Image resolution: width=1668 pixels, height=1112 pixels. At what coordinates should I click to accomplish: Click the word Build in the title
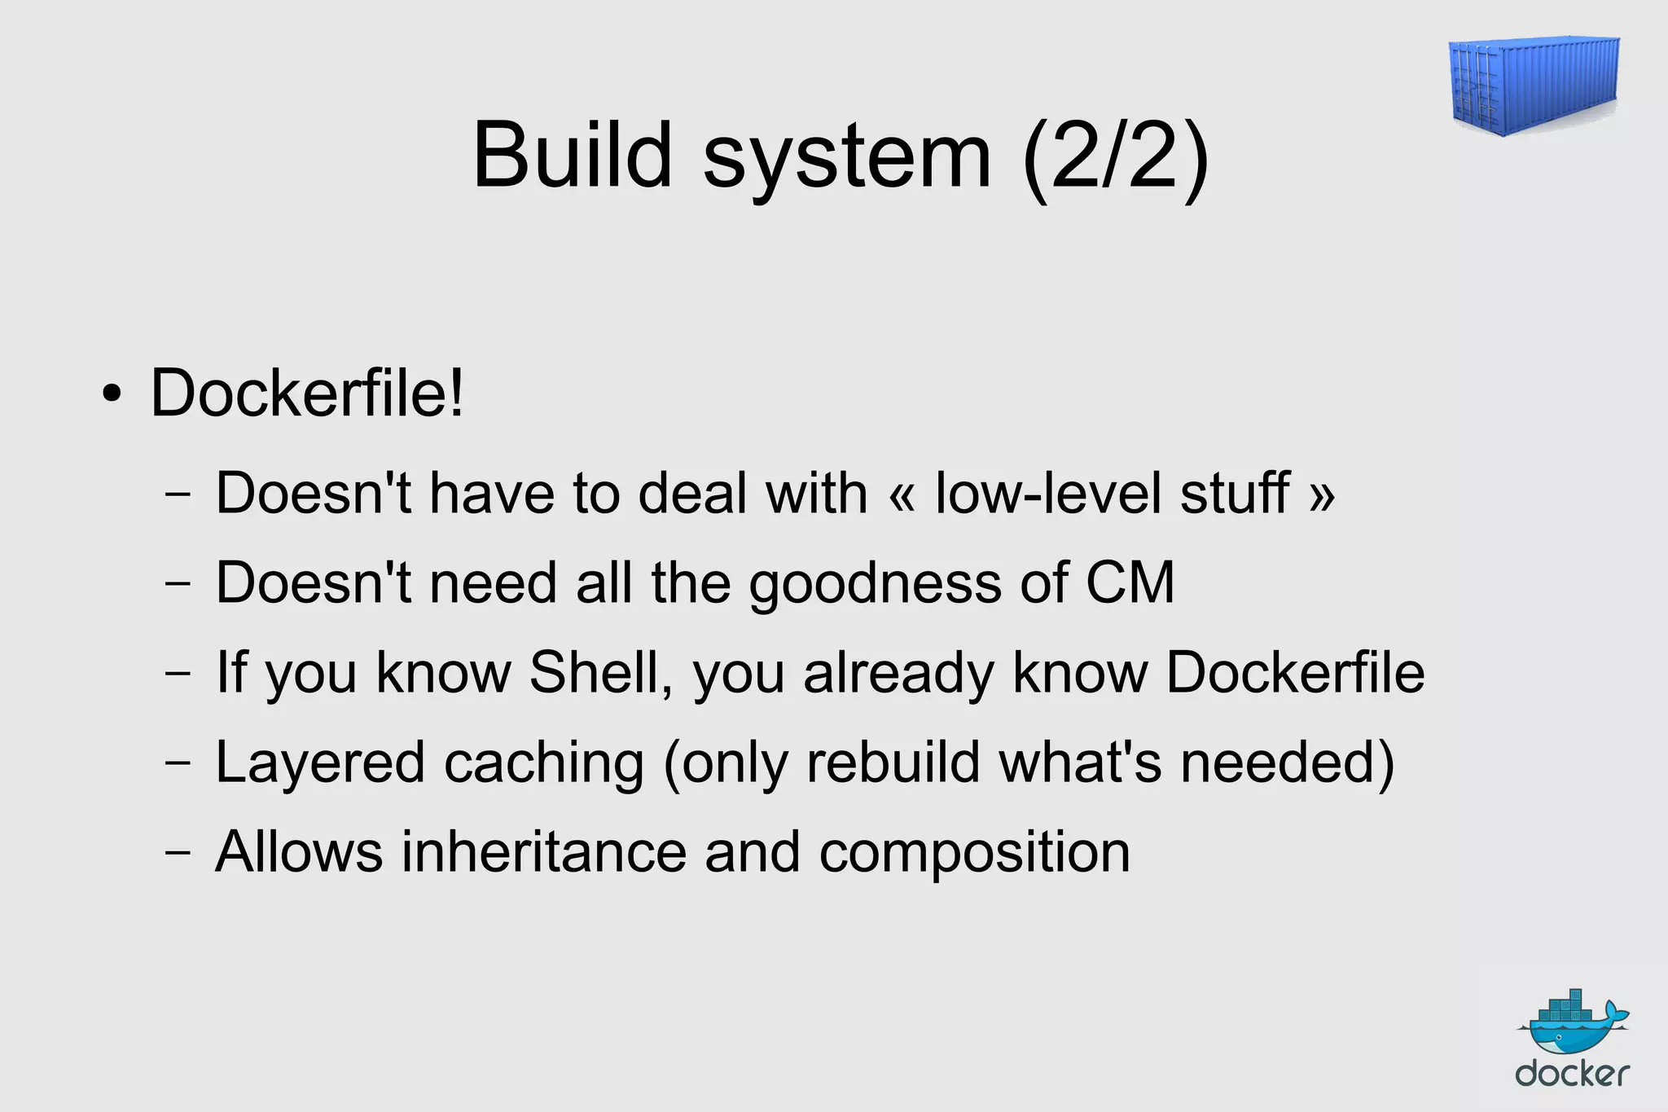tap(573, 155)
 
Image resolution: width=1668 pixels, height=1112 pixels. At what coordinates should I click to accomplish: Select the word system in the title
tap(847, 159)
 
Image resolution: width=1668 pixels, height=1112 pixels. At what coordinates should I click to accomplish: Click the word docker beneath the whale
tap(1572, 1075)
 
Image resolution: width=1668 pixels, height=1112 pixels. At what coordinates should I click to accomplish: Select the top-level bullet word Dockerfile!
tap(307, 393)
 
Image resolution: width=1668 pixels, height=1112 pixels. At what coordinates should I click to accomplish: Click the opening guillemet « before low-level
tap(902, 495)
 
